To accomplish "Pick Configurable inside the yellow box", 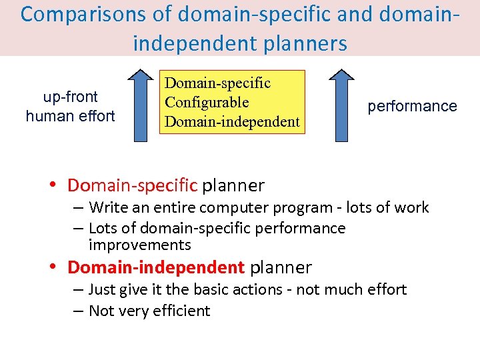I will pyautogui.click(x=207, y=103).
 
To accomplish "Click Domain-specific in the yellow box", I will pyautogui.click(x=217, y=83).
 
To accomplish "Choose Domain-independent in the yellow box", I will pyautogui.click(x=232, y=122).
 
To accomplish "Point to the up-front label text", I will pyautogui.click(x=71, y=97).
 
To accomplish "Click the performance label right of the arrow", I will pyautogui.click(x=412, y=106).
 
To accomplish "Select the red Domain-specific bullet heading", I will pyautogui.click(x=133, y=185).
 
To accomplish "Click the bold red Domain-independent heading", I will pyautogui.click(x=156, y=267).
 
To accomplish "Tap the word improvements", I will pyautogui.click(x=139, y=245).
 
